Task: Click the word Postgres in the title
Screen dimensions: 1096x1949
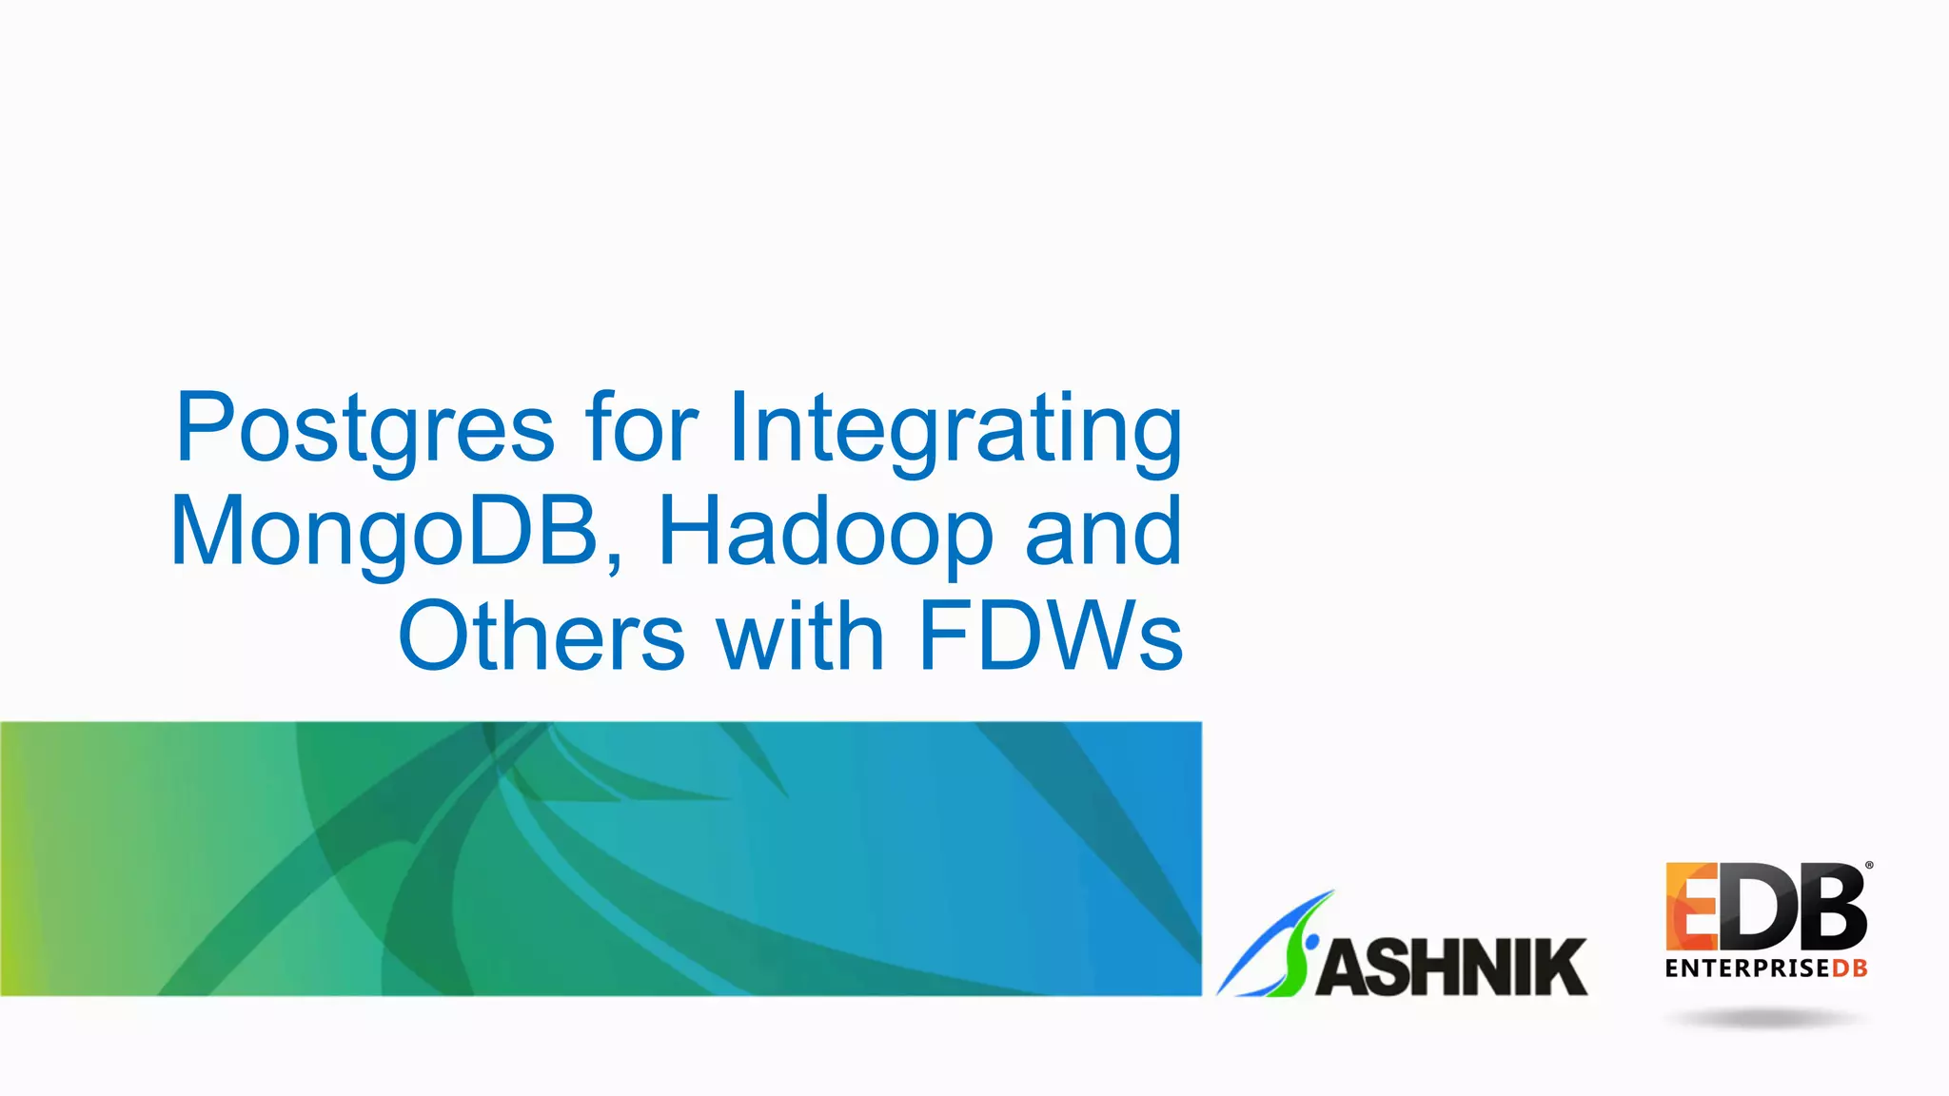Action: coord(364,428)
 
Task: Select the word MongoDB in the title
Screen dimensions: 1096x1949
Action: coord(384,533)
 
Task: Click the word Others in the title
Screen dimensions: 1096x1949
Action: coord(541,636)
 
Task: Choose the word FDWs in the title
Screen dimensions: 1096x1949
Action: coord(1051,636)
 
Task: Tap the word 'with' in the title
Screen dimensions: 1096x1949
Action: coord(800,636)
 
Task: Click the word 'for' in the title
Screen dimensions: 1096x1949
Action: coord(641,428)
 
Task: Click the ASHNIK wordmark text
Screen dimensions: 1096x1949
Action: coord(1451,967)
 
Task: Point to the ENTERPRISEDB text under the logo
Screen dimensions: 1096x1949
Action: coord(1765,969)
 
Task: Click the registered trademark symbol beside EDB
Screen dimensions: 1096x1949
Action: coord(1869,866)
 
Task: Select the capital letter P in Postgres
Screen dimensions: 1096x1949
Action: coord(205,428)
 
